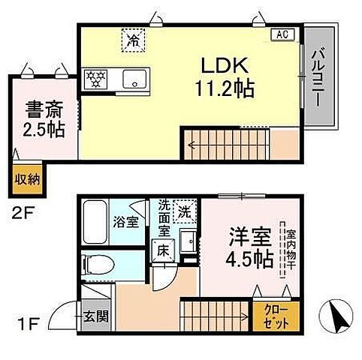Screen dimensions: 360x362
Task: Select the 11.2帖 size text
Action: pos(222,88)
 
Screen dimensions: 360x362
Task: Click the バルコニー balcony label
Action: pos(320,78)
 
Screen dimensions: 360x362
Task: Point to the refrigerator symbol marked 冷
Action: pos(131,39)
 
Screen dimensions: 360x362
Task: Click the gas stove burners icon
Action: pos(97,76)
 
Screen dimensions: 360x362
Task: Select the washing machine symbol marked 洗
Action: pos(183,211)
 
